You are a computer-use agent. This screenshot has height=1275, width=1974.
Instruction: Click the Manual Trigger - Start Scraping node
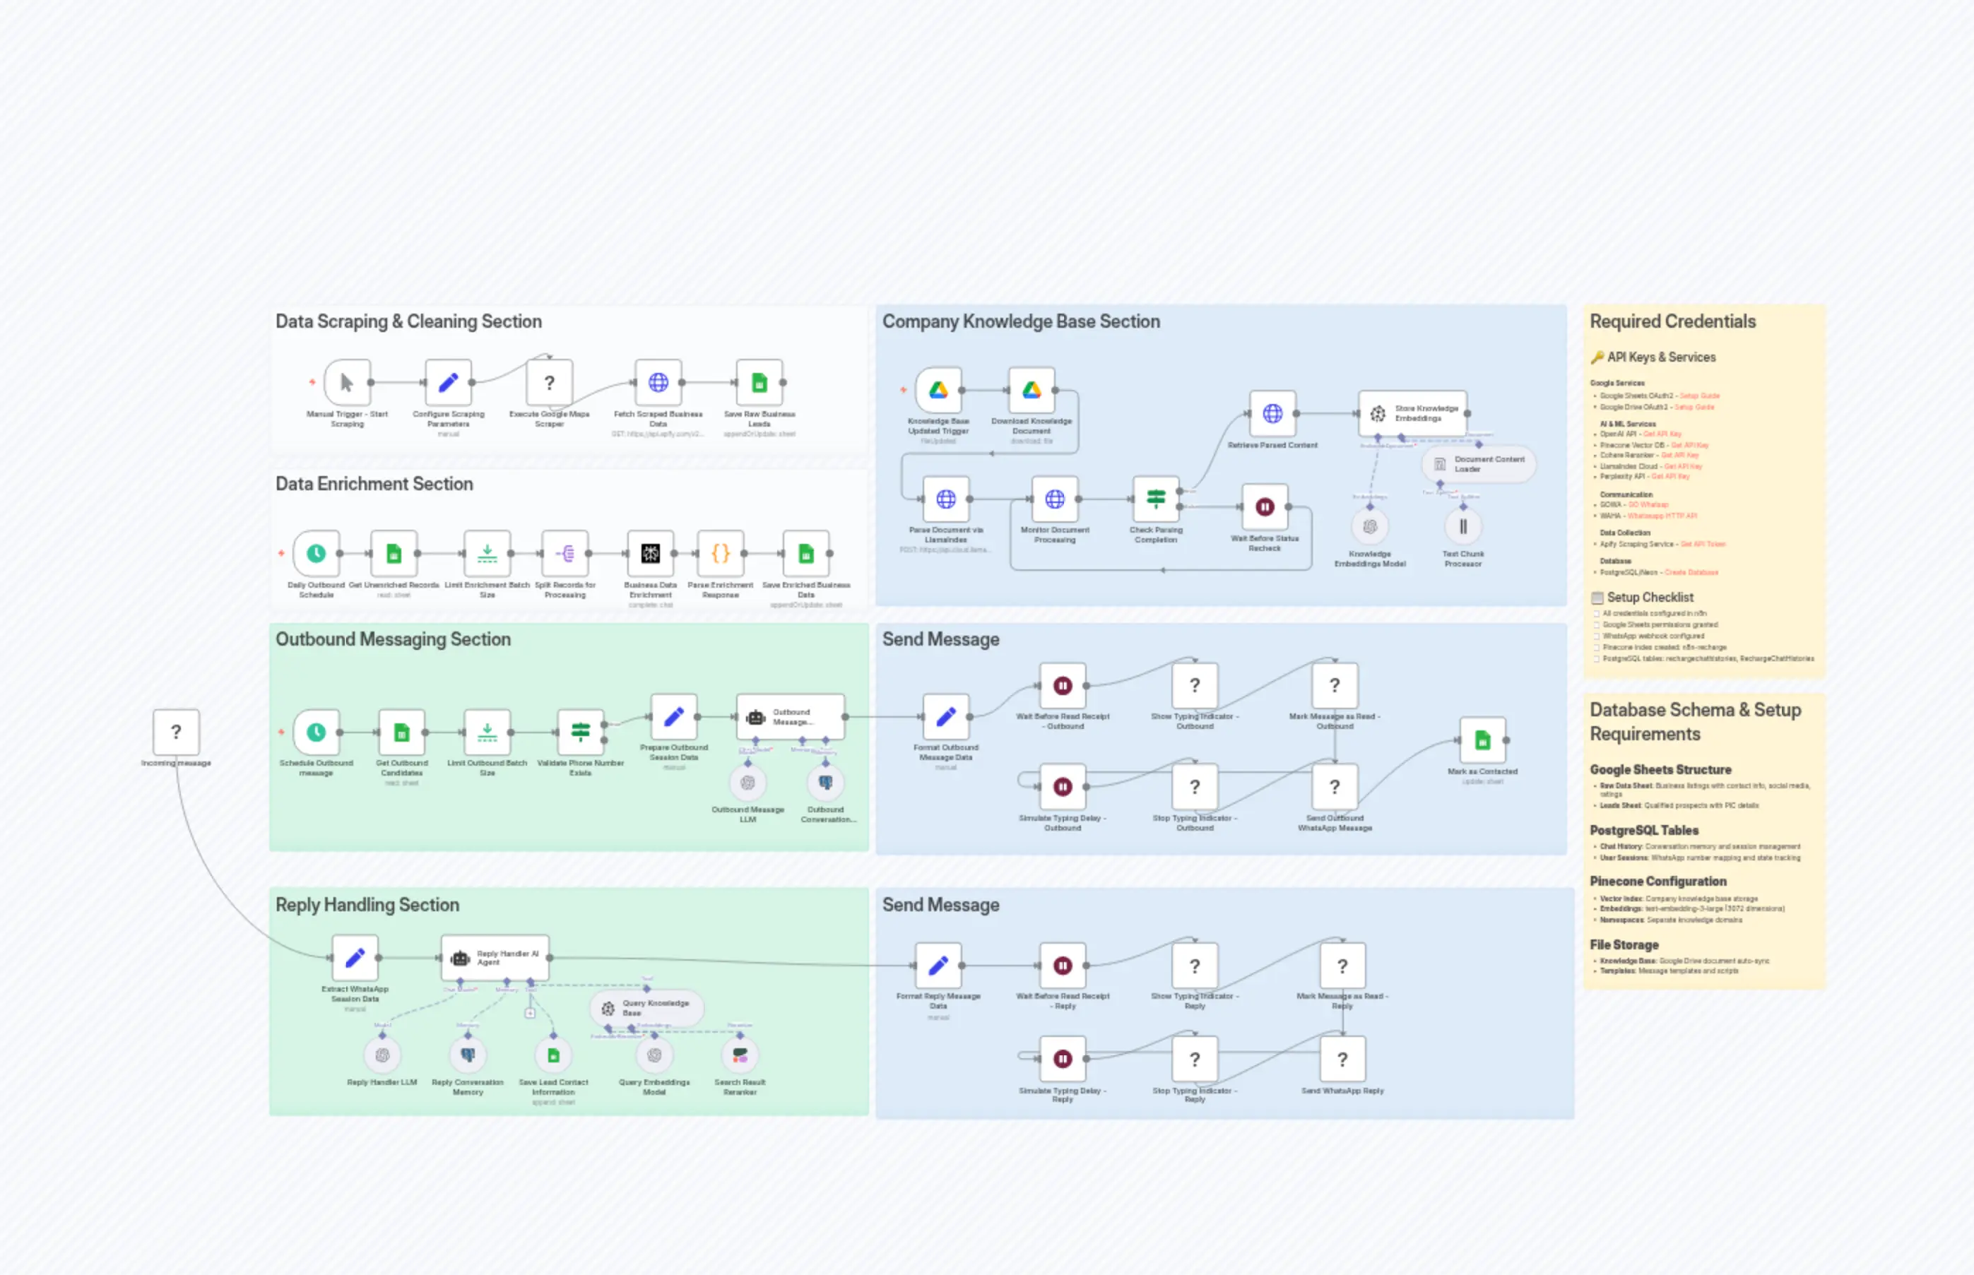pos(347,383)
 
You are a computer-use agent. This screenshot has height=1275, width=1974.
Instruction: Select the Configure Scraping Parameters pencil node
pos(448,383)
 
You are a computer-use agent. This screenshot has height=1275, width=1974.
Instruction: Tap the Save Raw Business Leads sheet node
pos(760,383)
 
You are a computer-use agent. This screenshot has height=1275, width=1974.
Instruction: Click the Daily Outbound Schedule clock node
pos(317,553)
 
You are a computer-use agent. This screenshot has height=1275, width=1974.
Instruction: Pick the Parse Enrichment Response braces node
pos(721,553)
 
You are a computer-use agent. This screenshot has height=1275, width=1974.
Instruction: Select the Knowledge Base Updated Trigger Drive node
pos(938,390)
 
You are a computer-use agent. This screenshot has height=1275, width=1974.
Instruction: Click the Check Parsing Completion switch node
pos(1156,499)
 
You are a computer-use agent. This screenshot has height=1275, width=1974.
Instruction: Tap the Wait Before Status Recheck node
pos(1265,506)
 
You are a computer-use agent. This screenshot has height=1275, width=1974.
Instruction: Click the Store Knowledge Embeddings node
pos(1412,413)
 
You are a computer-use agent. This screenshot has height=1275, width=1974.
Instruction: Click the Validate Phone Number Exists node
pos(581,732)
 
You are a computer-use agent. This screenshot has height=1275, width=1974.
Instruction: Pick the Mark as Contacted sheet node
pos(1482,740)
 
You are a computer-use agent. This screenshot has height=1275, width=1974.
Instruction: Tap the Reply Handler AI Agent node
pos(495,958)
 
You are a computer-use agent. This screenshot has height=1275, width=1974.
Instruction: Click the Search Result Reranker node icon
pos(740,1055)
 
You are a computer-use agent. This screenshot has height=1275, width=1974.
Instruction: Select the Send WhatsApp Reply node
pos(1342,1059)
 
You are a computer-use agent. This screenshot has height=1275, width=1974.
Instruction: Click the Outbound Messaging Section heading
pos(393,639)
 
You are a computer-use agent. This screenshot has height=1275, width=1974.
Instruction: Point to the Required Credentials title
pos(1672,321)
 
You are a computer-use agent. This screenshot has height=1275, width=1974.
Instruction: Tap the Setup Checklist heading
pos(1650,598)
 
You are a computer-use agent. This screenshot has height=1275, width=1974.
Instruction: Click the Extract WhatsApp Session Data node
pos(355,958)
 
